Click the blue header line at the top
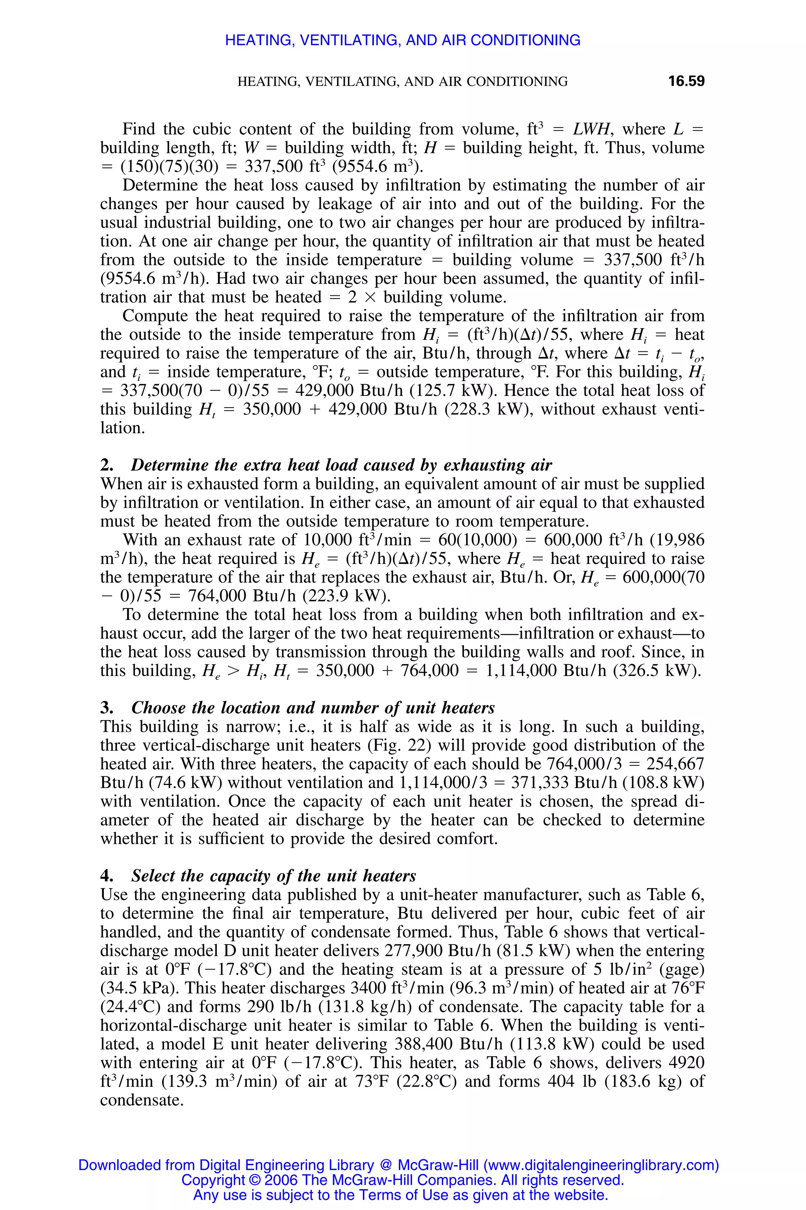403,40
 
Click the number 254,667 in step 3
675,764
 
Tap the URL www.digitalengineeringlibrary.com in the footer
601,1165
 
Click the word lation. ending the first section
122,428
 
